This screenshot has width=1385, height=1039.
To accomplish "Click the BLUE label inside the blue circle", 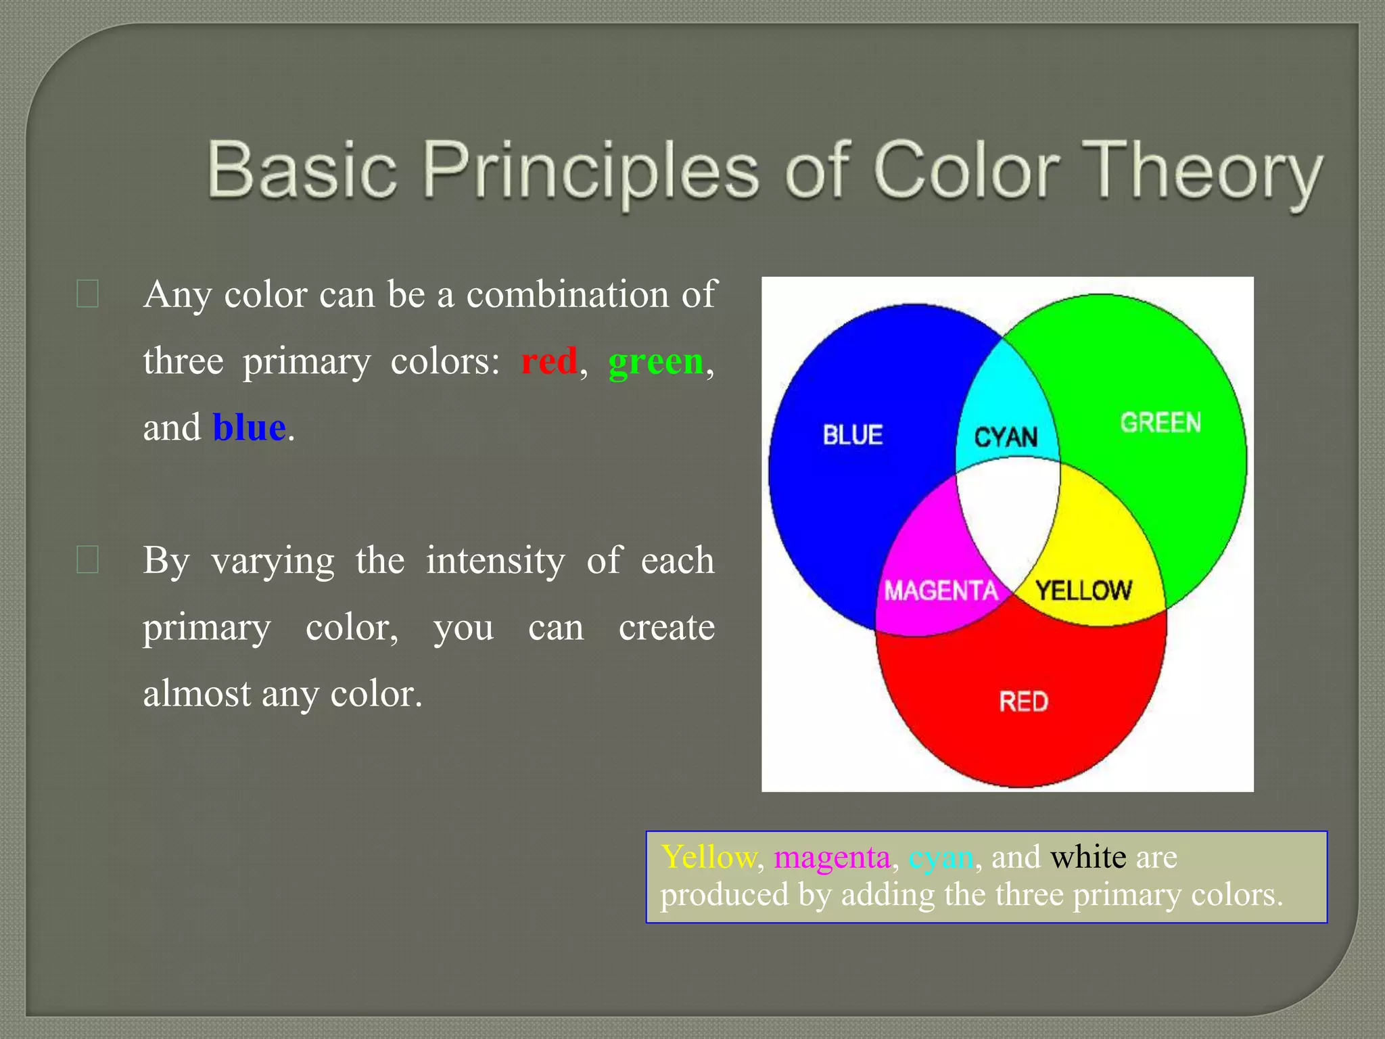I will pyautogui.click(x=853, y=435).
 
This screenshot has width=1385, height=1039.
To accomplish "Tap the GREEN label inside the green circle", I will pyautogui.click(x=1160, y=423).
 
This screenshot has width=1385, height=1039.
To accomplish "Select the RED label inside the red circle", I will pyautogui.click(x=1023, y=701).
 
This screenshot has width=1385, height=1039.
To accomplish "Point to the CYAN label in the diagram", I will pyautogui.click(x=1006, y=437).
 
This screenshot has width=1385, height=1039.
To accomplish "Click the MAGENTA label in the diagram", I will pyautogui.click(x=941, y=591).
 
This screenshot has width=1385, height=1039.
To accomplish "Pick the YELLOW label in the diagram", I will pyautogui.click(x=1083, y=591).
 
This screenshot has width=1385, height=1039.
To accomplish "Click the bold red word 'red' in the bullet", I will pyautogui.click(x=549, y=361).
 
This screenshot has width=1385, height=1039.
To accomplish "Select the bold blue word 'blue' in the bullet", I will pyautogui.click(x=249, y=428).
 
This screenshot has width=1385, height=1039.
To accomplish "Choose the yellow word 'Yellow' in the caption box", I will pyautogui.click(x=708, y=857).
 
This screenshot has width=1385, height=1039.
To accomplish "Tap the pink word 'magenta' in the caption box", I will pyautogui.click(x=832, y=858).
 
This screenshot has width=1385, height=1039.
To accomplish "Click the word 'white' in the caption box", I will pyautogui.click(x=1088, y=857).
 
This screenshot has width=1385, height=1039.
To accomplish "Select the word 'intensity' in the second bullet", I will pyautogui.click(x=495, y=560).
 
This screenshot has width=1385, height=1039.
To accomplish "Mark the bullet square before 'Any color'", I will pyautogui.click(x=88, y=294).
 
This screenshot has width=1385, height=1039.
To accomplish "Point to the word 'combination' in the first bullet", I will pyautogui.click(x=567, y=294).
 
